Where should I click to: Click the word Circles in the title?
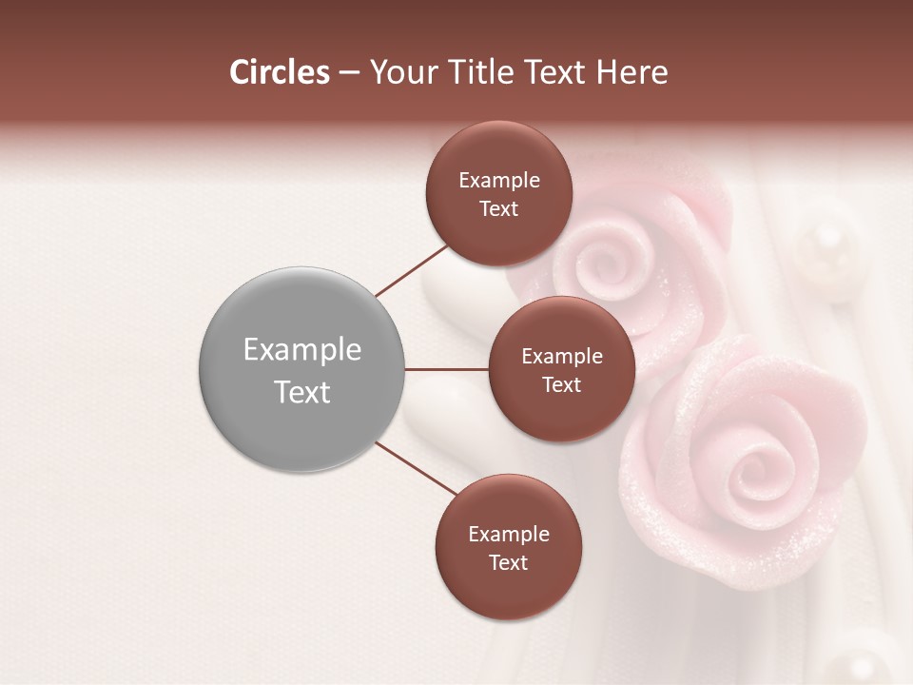click(279, 72)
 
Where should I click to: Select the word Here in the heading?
click(632, 72)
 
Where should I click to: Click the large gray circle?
click(302, 369)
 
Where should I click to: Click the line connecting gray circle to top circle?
click(412, 270)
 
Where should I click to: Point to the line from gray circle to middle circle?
click(447, 369)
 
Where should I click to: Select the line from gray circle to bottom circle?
click(417, 469)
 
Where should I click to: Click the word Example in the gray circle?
click(302, 350)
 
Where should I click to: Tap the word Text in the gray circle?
click(302, 392)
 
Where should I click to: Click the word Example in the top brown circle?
click(499, 181)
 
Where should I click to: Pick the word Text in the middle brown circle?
click(562, 385)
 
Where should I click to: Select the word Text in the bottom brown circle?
click(508, 563)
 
